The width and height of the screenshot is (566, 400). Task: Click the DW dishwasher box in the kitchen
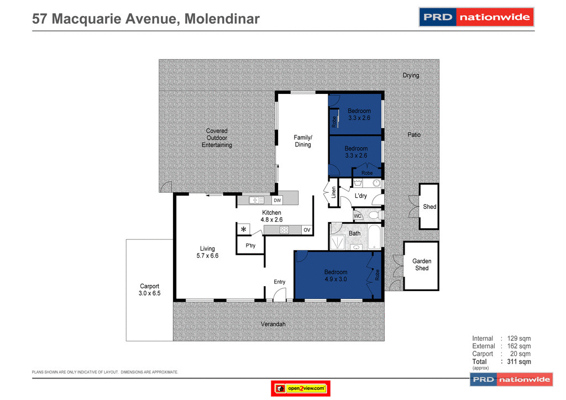pyautogui.click(x=277, y=201)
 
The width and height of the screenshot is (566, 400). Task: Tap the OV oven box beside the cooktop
pyautogui.click(x=307, y=230)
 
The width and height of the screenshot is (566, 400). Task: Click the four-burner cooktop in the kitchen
pyautogui.click(x=284, y=230)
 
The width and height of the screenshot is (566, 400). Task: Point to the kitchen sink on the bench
pyautogui.click(x=255, y=201)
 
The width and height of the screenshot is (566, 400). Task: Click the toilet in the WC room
pyautogui.click(x=374, y=215)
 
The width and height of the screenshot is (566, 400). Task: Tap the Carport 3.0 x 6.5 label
pyautogui.click(x=149, y=290)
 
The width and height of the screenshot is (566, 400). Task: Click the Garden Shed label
pyautogui.click(x=422, y=265)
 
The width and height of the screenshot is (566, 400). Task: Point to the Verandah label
pyautogui.click(x=273, y=324)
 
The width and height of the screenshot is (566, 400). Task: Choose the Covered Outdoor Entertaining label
pyautogui.click(x=217, y=138)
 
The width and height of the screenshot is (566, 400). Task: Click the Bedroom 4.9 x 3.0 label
pyautogui.click(x=336, y=275)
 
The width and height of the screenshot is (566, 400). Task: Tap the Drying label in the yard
pyautogui.click(x=411, y=76)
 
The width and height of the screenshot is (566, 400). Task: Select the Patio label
pyautogui.click(x=414, y=135)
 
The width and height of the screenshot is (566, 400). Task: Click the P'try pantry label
pyautogui.click(x=250, y=246)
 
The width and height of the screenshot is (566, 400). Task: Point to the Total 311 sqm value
pyautogui.click(x=519, y=362)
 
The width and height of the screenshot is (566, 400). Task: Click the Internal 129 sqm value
pyautogui.click(x=519, y=339)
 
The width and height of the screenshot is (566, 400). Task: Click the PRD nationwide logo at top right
pyautogui.click(x=476, y=17)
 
